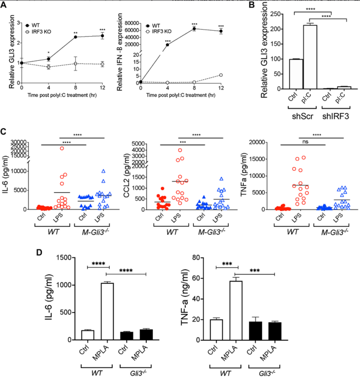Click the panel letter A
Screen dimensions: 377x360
(4, 5)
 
